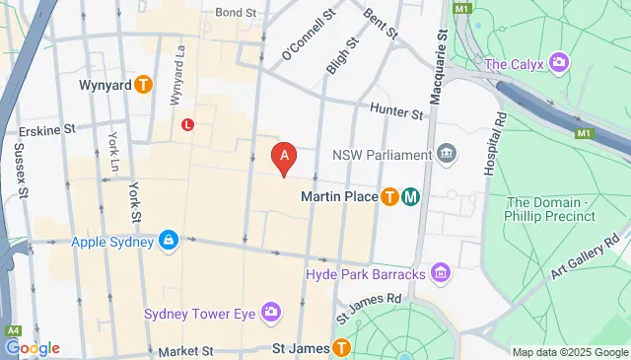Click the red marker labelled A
pyautogui.click(x=285, y=156)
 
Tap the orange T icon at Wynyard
pyautogui.click(x=144, y=85)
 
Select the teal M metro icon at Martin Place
pyautogui.click(x=411, y=197)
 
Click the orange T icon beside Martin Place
pyautogui.click(x=390, y=197)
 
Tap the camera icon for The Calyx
pyautogui.click(x=559, y=64)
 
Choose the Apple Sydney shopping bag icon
pyautogui.click(x=169, y=241)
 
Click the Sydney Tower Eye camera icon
pyautogui.click(x=269, y=314)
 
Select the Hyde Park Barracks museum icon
pyautogui.click(x=441, y=272)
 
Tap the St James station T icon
pyautogui.click(x=341, y=347)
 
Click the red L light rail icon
pyautogui.click(x=187, y=124)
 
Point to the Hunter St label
pyautogui.click(x=397, y=113)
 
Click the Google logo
pyautogui.click(x=32, y=348)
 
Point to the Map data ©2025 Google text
pyautogui.click(x=569, y=352)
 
